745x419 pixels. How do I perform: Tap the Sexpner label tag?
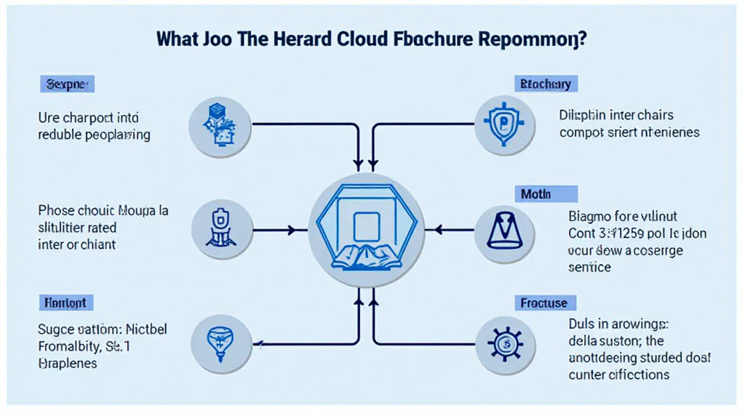[67, 84]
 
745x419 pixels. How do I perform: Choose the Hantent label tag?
[66, 302]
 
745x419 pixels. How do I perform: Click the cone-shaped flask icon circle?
[500, 230]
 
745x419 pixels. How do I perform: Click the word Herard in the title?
[286, 39]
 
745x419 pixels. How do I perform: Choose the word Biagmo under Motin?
[591, 216]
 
